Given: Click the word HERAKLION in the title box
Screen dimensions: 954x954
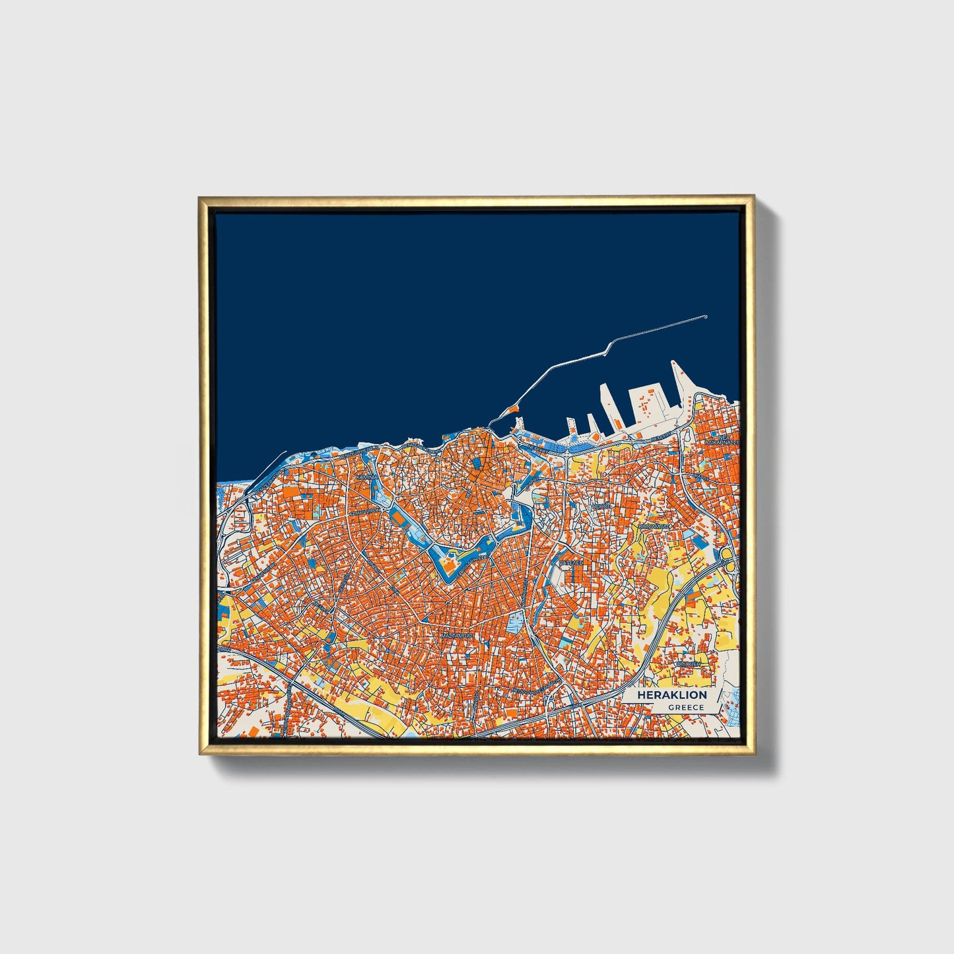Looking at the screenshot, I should click(x=671, y=695).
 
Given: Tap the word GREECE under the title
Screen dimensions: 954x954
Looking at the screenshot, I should click(x=686, y=708).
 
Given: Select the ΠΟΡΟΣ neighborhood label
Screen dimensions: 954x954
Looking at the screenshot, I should click(x=601, y=506).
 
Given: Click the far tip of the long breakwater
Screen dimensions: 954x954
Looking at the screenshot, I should click(x=706, y=318).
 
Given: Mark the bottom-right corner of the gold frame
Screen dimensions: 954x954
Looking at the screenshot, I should click(x=753, y=753).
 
